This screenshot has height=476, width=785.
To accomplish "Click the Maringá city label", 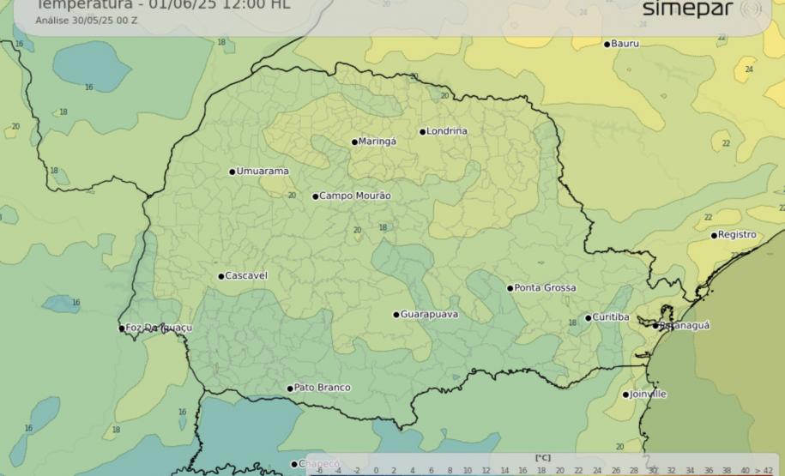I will point(377,142).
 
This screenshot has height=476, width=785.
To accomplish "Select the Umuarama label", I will point(263,172).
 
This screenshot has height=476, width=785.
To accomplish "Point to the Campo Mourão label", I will point(355,196).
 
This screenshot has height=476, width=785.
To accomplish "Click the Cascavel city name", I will point(246,276).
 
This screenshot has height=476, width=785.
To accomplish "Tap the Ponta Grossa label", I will point(546,288).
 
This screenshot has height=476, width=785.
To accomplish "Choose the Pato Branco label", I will point(322,389).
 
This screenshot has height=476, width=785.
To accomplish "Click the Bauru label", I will point(625,44).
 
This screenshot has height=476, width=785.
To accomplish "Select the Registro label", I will point(737,235).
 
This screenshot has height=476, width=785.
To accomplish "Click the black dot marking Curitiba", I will point(588,318).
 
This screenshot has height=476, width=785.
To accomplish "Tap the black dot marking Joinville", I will point(625,395).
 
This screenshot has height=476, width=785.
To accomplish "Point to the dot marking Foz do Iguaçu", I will point(122,328).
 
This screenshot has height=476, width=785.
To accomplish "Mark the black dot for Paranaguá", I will point(655,326).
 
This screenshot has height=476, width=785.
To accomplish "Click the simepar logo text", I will point(687,9).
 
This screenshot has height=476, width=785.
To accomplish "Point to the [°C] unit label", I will point(542,458).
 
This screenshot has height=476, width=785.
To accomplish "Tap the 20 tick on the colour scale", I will point(559,470).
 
